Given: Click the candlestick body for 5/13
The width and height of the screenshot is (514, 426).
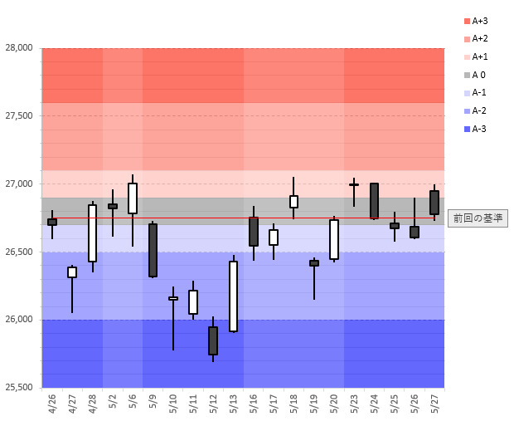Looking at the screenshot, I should [234, 296].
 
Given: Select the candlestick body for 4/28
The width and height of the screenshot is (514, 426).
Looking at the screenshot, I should [92, 233].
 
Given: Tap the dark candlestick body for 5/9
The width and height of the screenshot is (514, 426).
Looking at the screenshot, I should [153, 250].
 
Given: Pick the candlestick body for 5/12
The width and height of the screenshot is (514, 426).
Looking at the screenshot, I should [213, 340].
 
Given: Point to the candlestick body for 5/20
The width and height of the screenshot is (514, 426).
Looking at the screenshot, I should [334, 239].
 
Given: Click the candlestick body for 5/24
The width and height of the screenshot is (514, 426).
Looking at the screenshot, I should [374, 201].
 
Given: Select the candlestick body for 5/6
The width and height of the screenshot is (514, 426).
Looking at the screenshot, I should [133, 198].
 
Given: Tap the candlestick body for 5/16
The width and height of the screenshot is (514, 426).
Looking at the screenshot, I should [254, 232].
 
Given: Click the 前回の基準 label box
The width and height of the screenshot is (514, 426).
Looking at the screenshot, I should [478, 218].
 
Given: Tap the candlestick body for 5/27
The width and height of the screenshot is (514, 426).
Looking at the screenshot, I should [434, 203].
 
